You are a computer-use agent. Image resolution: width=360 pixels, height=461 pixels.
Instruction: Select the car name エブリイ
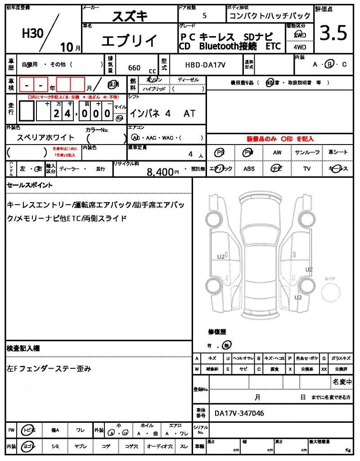129,41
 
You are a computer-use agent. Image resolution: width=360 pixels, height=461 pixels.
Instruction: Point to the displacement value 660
134,68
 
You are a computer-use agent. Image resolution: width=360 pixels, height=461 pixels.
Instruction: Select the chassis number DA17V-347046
239,413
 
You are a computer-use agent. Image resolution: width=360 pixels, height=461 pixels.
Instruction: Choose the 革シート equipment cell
338,153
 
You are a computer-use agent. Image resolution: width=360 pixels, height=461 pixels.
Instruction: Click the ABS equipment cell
249,169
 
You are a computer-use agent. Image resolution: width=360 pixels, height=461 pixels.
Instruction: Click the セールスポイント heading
30,185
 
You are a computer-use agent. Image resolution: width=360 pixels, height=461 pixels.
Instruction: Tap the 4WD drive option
299,46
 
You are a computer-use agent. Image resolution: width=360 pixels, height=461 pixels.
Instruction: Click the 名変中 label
342,382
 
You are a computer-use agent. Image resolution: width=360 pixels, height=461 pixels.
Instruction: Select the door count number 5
205,16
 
